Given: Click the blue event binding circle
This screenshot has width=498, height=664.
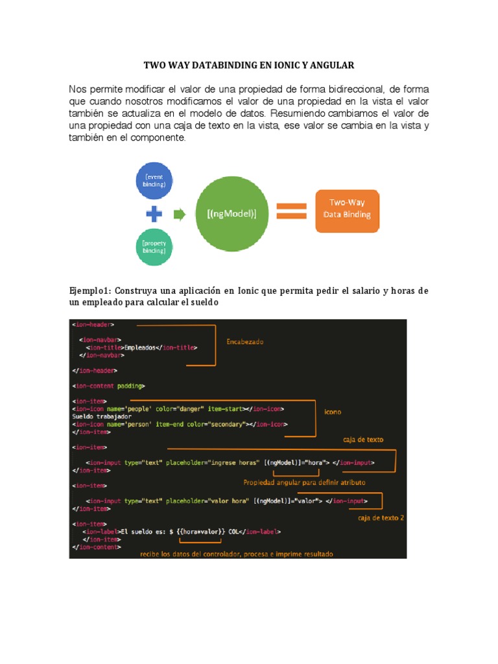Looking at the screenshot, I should coord(154,180).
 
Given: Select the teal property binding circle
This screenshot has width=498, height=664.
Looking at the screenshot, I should coord(154,247).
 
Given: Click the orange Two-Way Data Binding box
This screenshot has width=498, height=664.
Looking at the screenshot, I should coord(347,211).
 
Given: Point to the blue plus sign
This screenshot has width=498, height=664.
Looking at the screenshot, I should coord(154,214).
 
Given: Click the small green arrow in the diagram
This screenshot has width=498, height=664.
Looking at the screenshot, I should coord(180,214).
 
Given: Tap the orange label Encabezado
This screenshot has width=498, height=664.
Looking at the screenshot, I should coord(244,341).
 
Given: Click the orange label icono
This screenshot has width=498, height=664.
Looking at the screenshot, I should coord(333,411).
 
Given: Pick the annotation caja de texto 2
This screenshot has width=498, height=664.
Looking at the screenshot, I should coord(381,517).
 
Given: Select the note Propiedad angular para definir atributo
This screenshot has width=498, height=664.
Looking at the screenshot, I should coord(304,482).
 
